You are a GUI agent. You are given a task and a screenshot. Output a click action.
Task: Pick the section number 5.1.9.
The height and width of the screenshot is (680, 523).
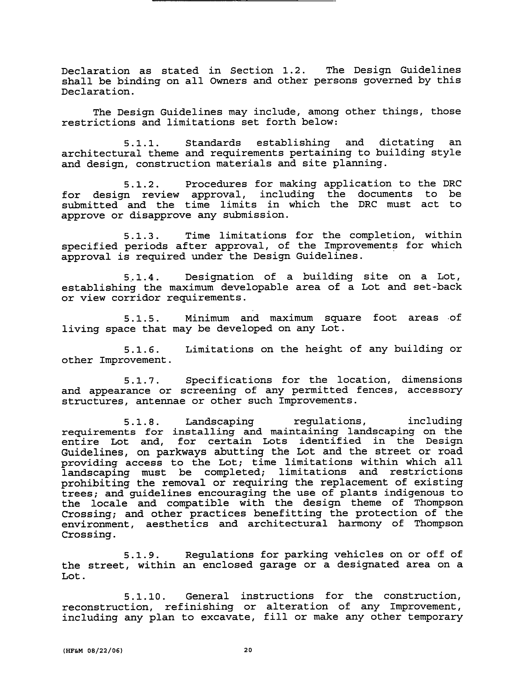click(x=141, y=555)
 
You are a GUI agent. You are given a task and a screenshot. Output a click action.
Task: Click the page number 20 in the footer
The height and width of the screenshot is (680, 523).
click(x=248, y=650)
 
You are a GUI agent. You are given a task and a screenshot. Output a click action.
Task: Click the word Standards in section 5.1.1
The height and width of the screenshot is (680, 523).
click(x=213, y=143)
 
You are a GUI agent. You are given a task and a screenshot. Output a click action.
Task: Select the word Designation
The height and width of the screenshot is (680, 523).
click(x=219, y=277)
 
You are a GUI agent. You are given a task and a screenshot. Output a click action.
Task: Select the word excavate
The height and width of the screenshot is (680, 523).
click(x=228, y=617)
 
